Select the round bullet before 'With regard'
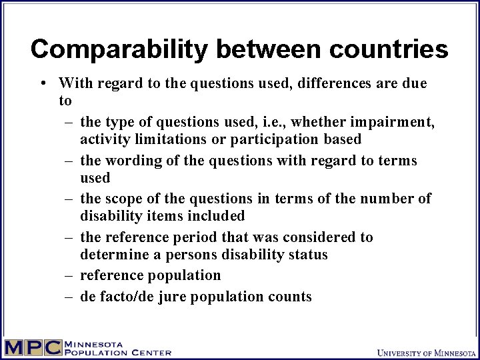(x=43, y=83)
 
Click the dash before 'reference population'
(x=69, y=275)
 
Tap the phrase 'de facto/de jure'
(x=133, y=297)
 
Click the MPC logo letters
(x=31, y=347)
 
